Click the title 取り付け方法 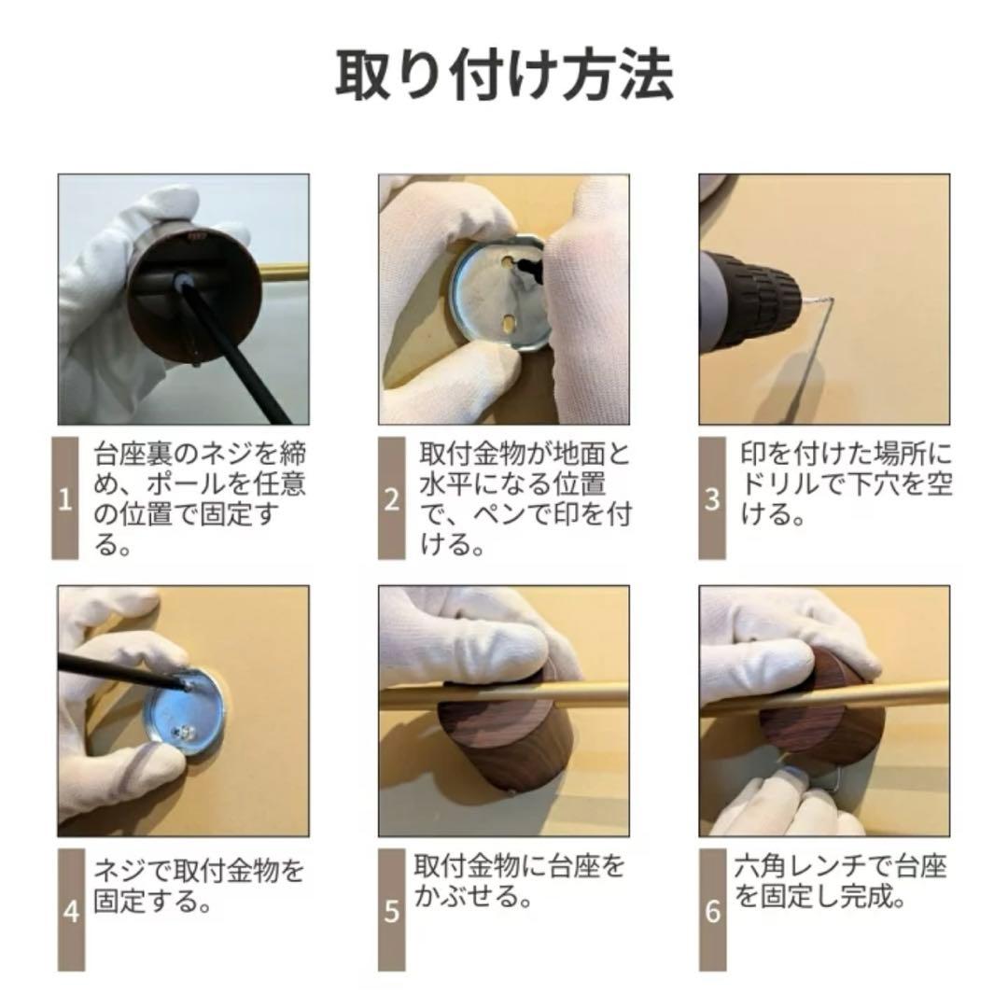(504, 76)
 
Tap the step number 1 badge (65, 498)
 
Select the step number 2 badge (391, 498)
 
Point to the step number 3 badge (712, 498)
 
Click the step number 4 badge (71, 910)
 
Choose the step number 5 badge (391, 910)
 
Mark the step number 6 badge (712, 910)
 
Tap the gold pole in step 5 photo (504, 696)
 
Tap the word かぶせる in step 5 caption (464, 895)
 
